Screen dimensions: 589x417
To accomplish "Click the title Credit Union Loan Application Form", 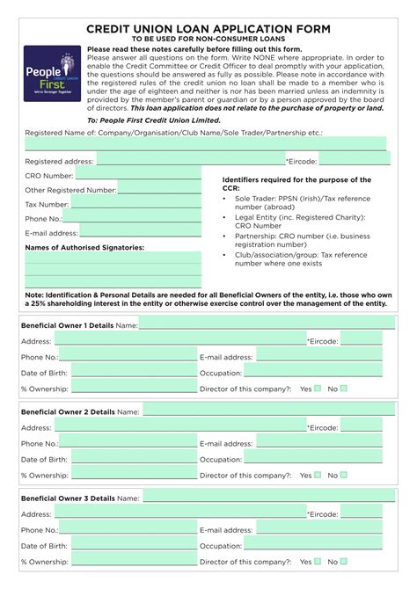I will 208,29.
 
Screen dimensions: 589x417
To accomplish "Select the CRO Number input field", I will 132,175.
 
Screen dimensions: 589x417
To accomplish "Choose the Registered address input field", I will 190,160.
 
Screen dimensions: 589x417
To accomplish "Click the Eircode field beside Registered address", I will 354,160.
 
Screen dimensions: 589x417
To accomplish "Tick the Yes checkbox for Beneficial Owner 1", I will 318,388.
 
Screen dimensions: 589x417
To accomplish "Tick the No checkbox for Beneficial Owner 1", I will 344,388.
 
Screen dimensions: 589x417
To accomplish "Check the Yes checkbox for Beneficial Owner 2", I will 318,475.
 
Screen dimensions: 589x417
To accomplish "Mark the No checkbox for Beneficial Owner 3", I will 344,561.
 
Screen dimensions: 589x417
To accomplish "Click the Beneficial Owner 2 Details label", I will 67,411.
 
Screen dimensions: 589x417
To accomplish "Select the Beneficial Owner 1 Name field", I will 260,324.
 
